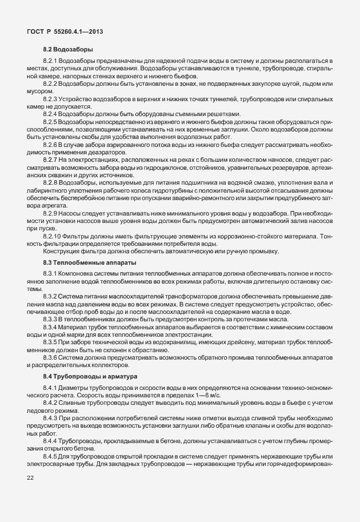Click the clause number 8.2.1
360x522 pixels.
[51, 60]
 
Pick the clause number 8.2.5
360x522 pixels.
[51, 122]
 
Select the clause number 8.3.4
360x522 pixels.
[51, 326]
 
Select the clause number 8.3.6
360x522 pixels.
[51, 357]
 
